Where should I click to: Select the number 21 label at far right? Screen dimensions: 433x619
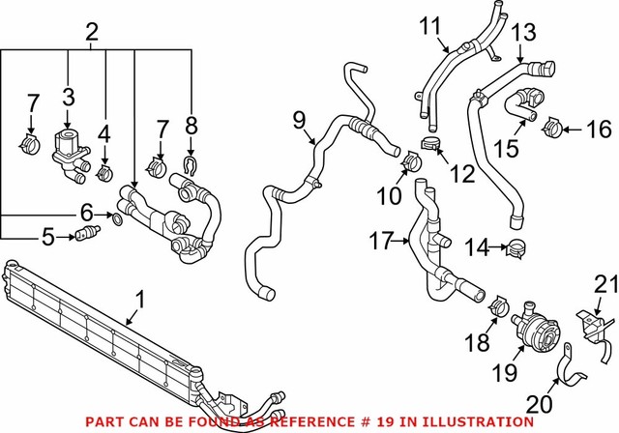point(604,283)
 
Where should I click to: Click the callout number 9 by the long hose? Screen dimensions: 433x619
point(300,119)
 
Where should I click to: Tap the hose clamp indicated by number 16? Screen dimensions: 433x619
point(553,127)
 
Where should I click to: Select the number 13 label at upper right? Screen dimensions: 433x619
point(522,35)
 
